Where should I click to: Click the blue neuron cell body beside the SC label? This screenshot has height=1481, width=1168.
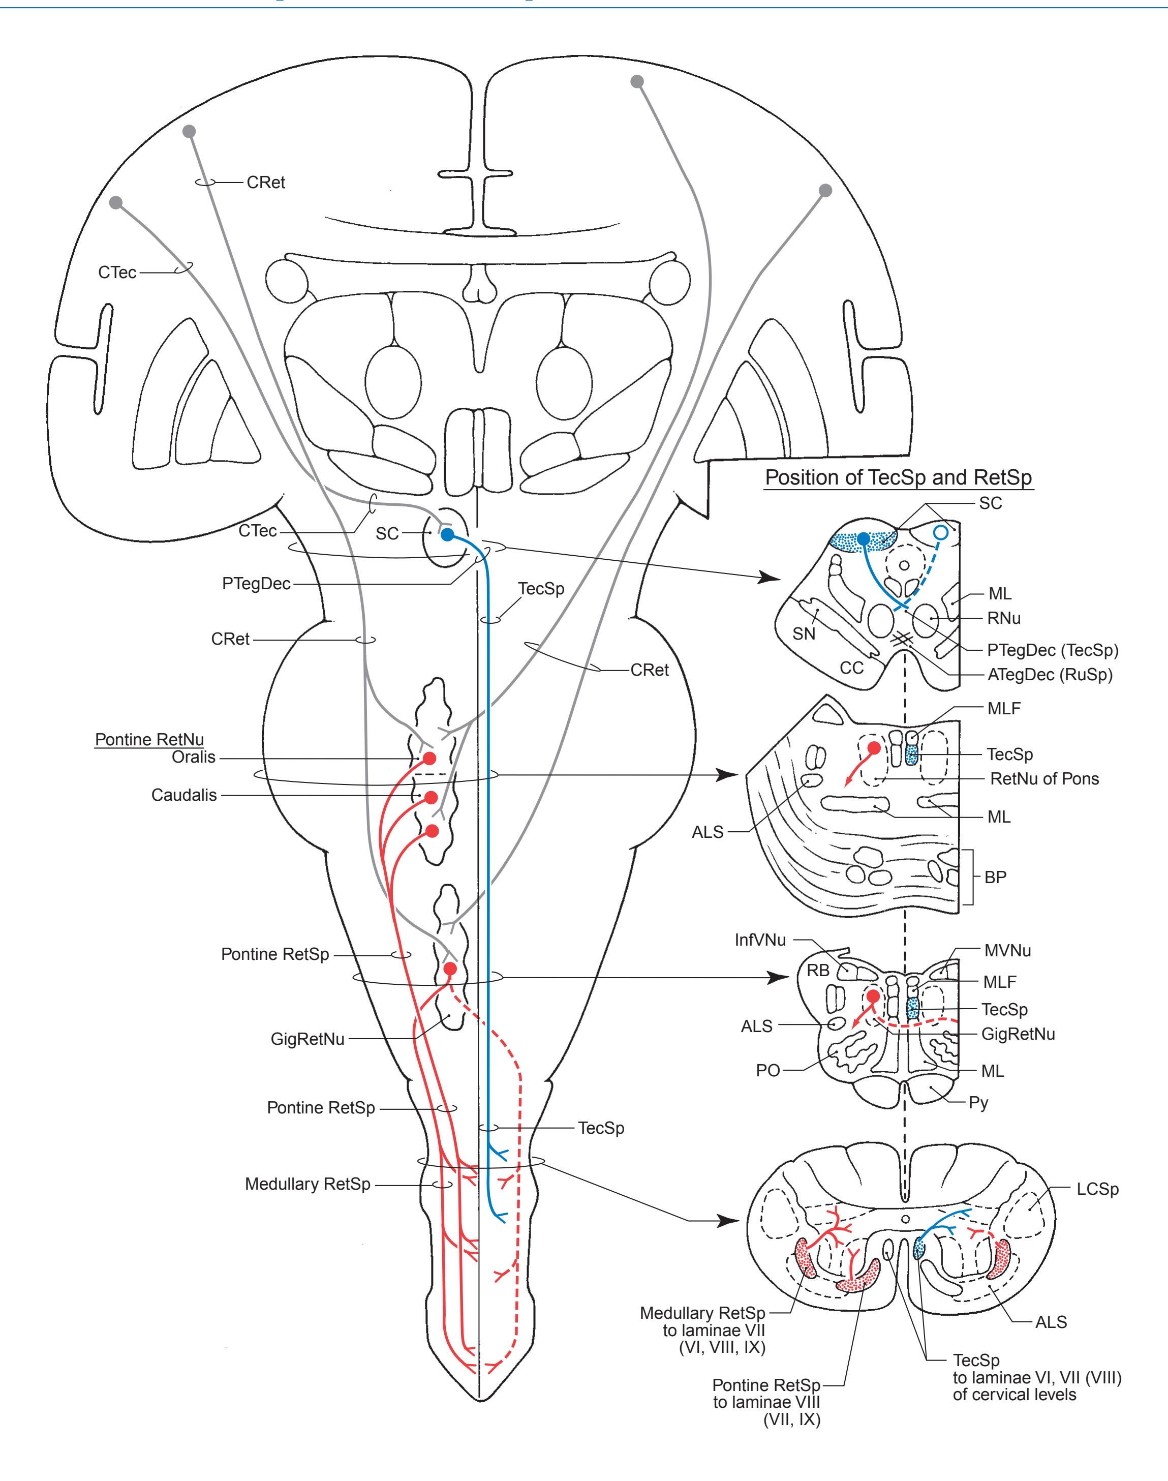(447, 534)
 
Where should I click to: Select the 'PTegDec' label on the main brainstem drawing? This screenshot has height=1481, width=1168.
(257, 584)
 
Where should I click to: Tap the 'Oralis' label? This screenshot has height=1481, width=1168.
(194, 757)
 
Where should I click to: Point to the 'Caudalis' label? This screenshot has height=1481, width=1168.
(184, 795)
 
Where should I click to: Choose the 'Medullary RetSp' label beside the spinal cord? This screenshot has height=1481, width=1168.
(308, 1184)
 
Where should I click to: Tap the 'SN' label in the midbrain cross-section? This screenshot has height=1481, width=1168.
(804, 633)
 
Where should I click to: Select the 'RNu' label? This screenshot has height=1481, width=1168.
(1004, 618)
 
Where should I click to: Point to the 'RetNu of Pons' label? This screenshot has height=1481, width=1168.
(1044, 778)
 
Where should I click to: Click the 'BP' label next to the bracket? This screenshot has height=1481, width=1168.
(996, 877)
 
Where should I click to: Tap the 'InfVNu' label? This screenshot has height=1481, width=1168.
(760, 939)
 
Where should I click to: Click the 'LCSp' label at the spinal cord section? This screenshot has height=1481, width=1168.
(1097, 1189)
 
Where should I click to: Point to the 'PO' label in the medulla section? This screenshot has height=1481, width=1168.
(768, 1070)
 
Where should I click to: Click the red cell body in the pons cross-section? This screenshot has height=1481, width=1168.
(873, 748)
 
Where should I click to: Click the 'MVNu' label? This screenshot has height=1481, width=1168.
(1007, 950)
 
